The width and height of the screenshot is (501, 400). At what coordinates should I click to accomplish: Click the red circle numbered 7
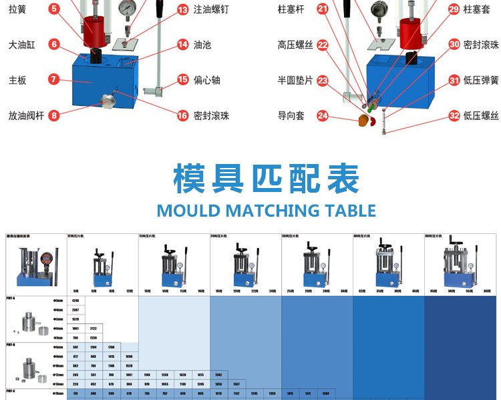pos(54,79)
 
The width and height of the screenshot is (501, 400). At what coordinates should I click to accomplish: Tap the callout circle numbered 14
pos(182,45)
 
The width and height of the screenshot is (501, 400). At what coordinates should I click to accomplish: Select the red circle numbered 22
pos(323,45)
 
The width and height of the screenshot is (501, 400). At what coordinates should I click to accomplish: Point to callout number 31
pos(454,80)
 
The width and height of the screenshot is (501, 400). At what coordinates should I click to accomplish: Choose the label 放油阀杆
pos(26,114)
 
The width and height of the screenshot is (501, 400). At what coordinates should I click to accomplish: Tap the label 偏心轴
pos(206,80)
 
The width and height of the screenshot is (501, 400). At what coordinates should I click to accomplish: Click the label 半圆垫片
pos(295,80)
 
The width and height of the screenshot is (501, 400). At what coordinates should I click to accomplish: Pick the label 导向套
pos(291,115)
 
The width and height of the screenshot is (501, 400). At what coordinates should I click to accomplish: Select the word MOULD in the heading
pos(188,211)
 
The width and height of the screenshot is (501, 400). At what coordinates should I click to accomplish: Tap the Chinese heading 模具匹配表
pos(266,178)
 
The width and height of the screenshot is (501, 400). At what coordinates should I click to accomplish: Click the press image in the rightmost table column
pos(461,263)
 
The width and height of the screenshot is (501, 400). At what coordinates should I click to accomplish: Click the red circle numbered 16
pos(182,115)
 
